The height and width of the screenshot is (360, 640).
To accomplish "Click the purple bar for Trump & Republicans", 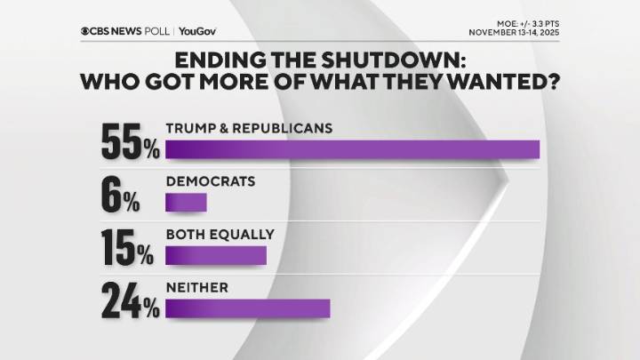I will tap(352, 149).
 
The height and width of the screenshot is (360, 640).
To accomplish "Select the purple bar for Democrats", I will tap(186, 203).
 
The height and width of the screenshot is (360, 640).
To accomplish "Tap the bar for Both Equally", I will tap(216, 256).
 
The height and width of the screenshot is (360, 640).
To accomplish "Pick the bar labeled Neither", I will tap(247, 308).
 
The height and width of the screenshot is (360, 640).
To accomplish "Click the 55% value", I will tap(131, 141).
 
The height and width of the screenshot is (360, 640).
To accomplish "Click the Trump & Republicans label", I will tap(249, 128).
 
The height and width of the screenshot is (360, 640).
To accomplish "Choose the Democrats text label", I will tap(211, 181).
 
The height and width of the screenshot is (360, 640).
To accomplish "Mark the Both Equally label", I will tap(220, 235).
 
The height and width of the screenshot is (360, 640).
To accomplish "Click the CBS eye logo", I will tap(86, 31).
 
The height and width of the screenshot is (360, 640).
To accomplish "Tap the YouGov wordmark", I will tap(197, 31).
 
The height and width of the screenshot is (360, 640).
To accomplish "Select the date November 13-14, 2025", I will tap(513, 34).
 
